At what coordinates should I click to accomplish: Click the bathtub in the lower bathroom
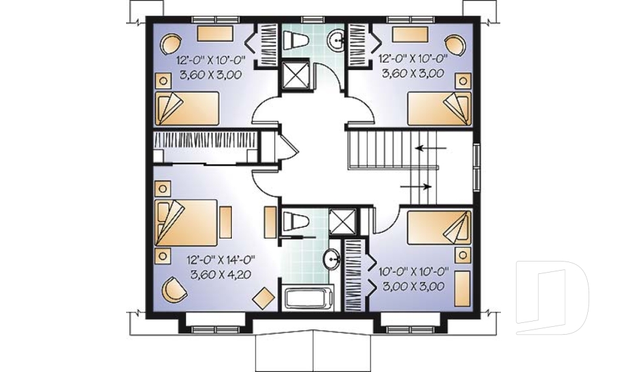coord(307,299)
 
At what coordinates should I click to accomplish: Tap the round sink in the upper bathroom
coord(338,41)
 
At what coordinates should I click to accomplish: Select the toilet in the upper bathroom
coord(296,40)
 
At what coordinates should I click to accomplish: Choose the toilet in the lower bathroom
coord(295,221)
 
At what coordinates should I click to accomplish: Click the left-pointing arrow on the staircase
coord(430,148)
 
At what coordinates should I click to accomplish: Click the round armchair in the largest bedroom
coord(173,289)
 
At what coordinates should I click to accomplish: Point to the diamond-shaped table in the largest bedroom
coord(263,297)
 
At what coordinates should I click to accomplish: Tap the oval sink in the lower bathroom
coord(332,261)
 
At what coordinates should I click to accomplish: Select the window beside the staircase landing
coord(477,166)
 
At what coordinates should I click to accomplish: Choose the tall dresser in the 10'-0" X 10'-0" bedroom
coord(462,287)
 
